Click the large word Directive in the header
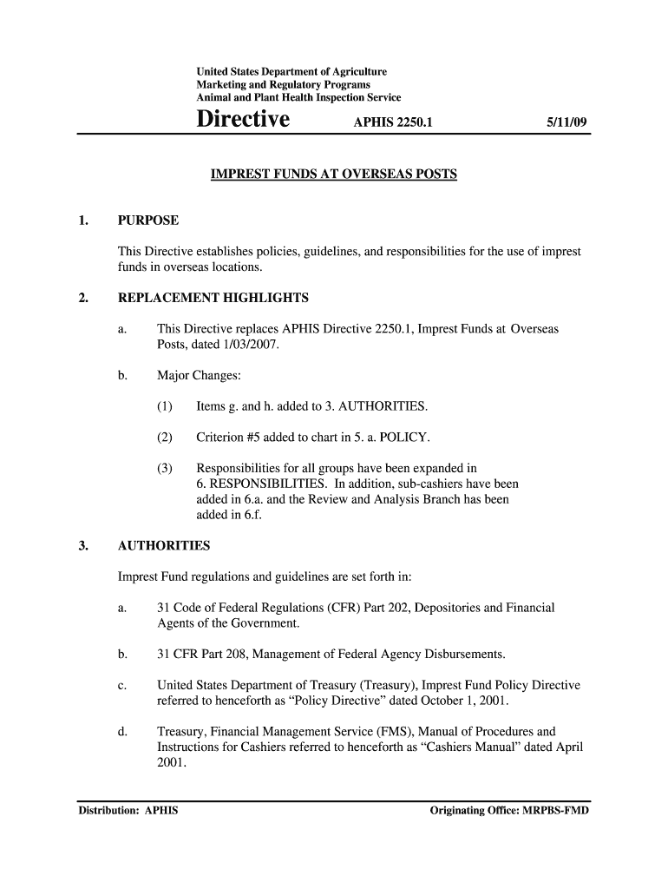point(243,120)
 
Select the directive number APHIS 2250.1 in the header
point(392,123)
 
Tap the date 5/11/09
point(566,123)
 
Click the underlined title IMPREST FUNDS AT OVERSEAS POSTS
point(334,175)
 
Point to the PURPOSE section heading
point(148,221)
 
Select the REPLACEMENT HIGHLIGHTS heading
point(213,298)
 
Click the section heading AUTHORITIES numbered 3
point(164,546)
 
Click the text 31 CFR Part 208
point(208,654)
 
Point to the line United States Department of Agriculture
point(291,71)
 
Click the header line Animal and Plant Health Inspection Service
point(298,98)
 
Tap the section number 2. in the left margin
point(82,298)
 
